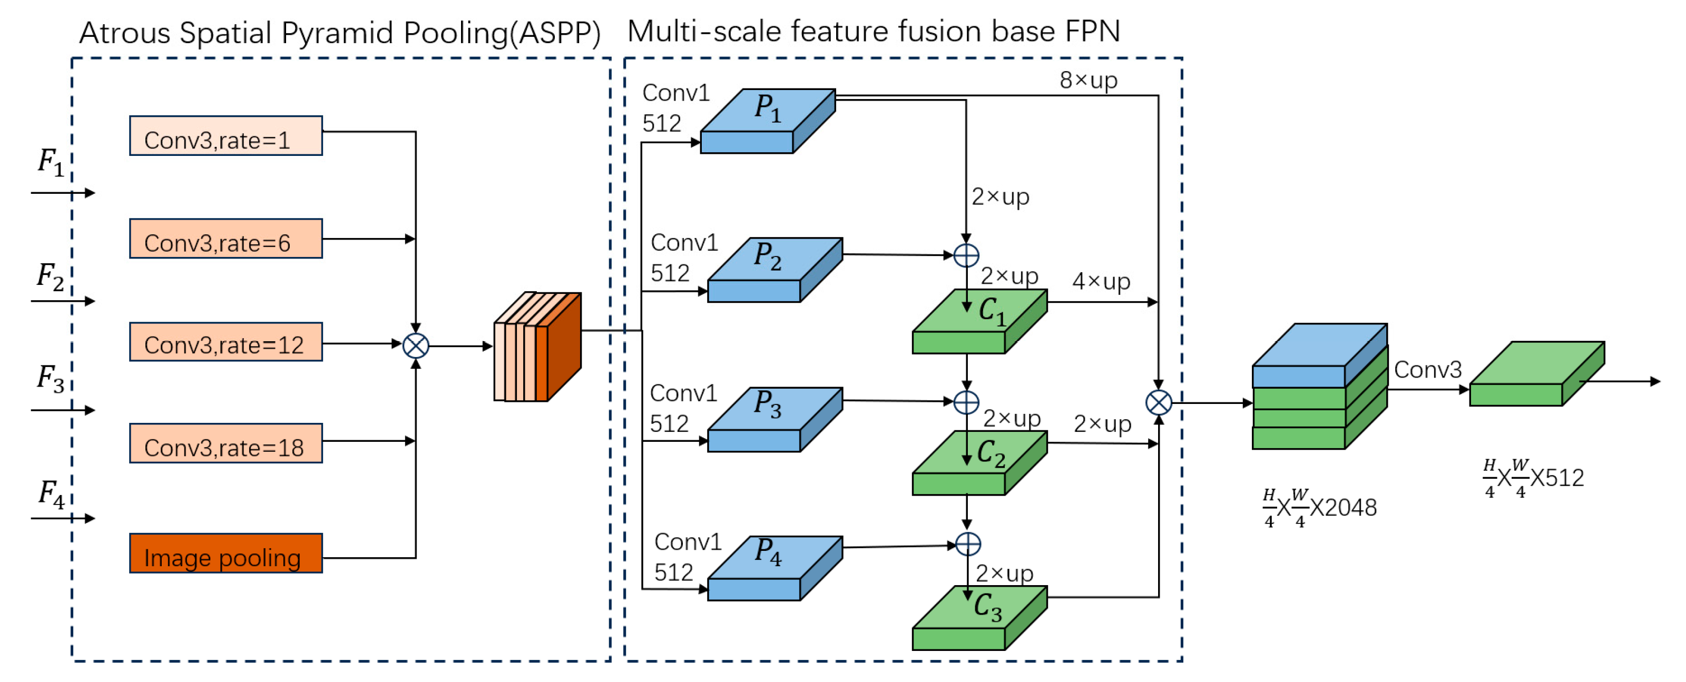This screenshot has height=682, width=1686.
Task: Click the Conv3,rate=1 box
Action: tap(226, 135)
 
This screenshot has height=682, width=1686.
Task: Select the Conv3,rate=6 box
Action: tap(226, 238)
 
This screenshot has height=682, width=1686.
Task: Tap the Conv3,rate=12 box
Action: tap(226, 342)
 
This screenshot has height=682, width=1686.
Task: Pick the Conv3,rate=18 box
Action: tap(226, 443)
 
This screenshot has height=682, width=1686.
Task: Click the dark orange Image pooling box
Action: tap(226, 553)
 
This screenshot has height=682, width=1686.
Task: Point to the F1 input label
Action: tap(51, 162)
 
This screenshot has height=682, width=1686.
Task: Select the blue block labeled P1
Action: tap(768, 121)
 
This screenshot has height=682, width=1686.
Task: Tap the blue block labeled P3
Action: tap(775, 420)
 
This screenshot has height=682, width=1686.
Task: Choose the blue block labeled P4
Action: tap(775, 568)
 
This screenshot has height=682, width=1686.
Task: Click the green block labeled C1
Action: tap(980, 321)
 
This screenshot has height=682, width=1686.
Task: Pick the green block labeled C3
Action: tap(980, 618)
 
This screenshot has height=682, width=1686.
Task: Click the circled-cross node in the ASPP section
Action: tap(416, 345)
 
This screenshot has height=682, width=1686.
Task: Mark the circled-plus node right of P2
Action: tap(967, 255)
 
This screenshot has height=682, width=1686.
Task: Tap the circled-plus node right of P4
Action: tap(968, 544)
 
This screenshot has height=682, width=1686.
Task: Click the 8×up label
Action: tap(1089, 81)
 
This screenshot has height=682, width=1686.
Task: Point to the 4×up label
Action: tap(1101, 281)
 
